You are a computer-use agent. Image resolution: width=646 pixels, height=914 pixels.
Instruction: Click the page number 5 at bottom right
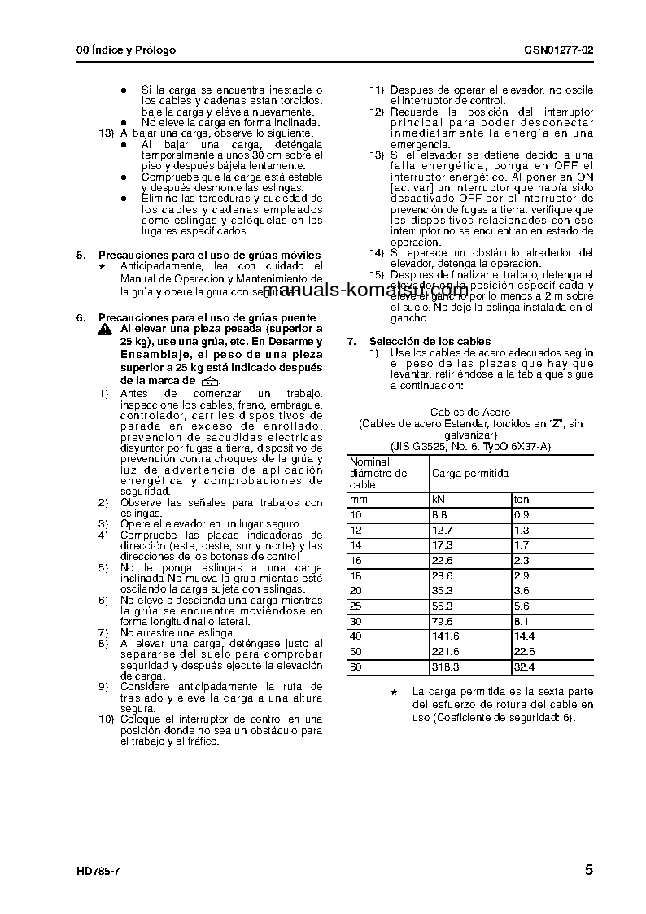pyautogui.click(x=588, y=870)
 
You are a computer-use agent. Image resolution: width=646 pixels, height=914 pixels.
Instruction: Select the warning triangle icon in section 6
pyautogui.click(x=105, y=330)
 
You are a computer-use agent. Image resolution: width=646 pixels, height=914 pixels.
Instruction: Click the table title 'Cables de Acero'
pyautogui.click(x=470, y=413)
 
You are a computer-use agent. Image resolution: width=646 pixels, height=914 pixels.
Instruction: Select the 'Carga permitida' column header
pyautogui.click(x=470, y=473)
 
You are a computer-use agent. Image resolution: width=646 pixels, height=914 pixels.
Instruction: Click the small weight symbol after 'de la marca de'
pyautogui.click(x=210, y=381)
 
